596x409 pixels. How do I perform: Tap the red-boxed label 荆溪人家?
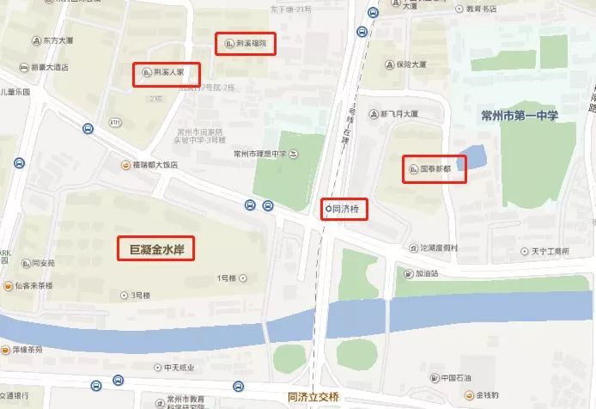pos(167,75)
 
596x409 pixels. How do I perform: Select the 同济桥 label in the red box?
pos(345,210)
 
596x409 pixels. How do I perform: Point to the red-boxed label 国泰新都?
pos(435,169)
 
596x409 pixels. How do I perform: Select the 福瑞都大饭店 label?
pos(150,164)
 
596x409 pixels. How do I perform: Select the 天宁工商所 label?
pos(544,252)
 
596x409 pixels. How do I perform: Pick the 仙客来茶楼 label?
pos(33,284)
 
